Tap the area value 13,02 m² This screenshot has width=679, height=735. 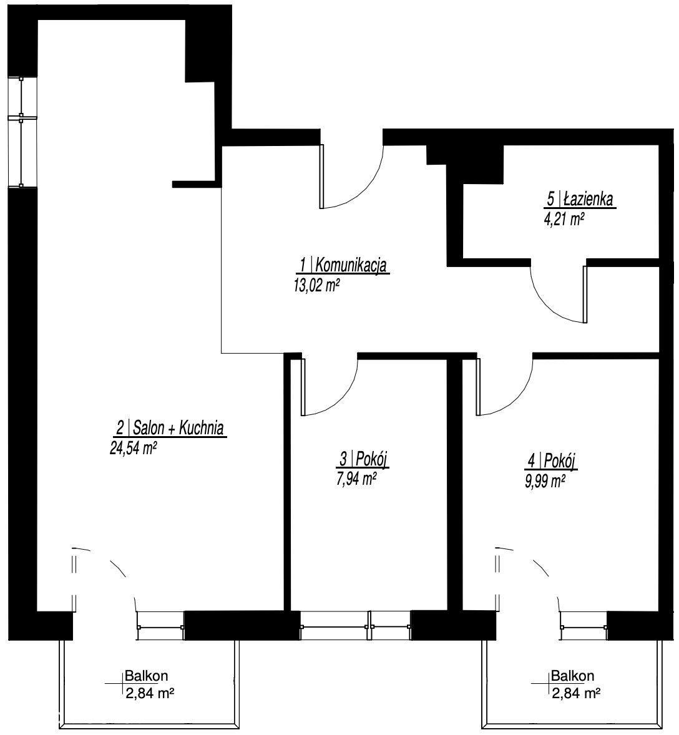pyautogui.click(x=316, y=285)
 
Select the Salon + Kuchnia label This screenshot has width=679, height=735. pyautogui.click(x=171, y=427)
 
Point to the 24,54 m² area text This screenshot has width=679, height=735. pyautogui.click(x=133, y=448)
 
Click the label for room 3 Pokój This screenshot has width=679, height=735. pyautogui.click(x=363, y=459)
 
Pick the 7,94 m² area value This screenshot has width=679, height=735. pyautogui.click(x=357, y=479)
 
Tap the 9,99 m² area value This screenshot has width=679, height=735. pyautogui.click(x=545, y=481)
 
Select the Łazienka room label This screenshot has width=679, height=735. pyautogui.click(x=580, y=199)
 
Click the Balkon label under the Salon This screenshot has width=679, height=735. pyautogui.click(x=146, y=676)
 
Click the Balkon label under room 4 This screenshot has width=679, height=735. pyautogui.click(x=572, y=676)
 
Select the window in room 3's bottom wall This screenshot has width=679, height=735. pyautogui.click(x=356, y=625)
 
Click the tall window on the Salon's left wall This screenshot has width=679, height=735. pyautogui.click(x=22, y=132)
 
